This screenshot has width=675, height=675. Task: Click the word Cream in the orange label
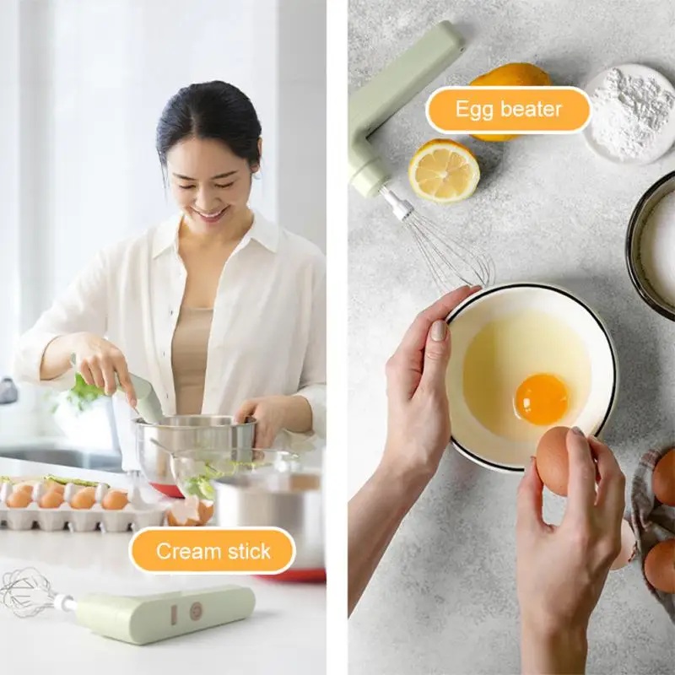(184, 552)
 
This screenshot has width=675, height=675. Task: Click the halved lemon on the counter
(444, 170)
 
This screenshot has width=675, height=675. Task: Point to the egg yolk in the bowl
(541, 398)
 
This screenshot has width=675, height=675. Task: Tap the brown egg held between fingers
(555, 460)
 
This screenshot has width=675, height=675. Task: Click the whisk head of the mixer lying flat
(27, 592)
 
